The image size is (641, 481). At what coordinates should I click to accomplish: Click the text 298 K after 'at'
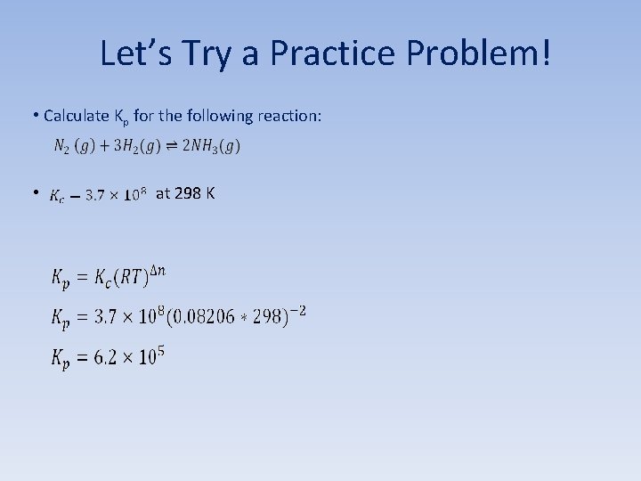[x=195, y=192]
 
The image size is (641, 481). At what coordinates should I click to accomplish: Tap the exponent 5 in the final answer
[x=160, y=349]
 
